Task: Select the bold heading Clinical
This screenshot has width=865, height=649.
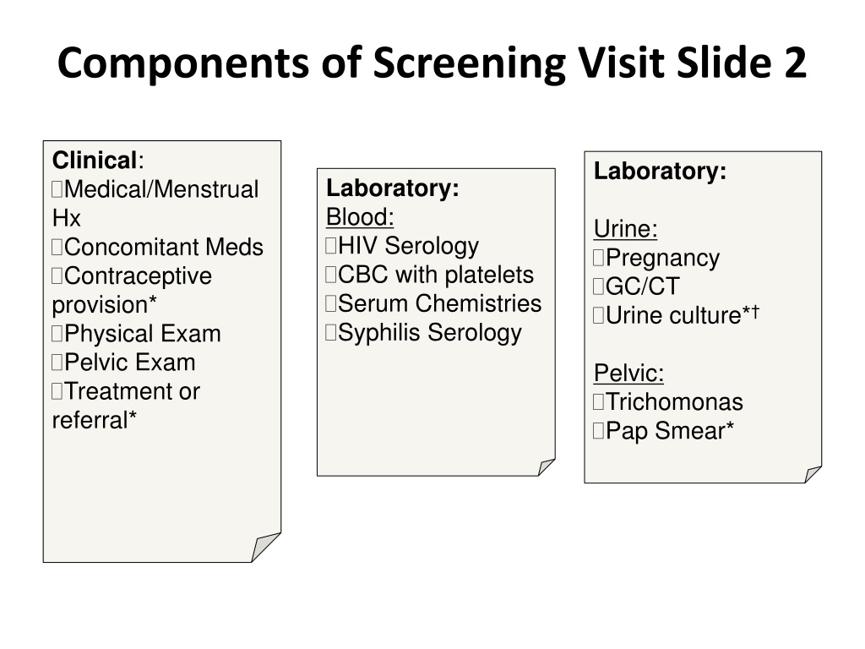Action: coord(95,161)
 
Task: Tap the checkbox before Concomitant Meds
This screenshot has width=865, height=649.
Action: coord(57,247)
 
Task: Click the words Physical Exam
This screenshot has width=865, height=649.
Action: coord(142,333)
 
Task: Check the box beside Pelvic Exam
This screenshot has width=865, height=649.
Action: coord(57,362)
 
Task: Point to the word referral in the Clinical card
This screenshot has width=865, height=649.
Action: coord(90,420)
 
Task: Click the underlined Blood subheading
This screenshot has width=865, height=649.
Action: coord(360,217)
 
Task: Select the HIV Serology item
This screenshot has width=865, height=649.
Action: coord(408,246)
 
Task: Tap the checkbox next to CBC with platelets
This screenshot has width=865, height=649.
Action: coord(330,275)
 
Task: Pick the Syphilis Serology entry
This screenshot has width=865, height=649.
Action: coord(430,333)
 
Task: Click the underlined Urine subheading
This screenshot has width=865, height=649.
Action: coord(626,228)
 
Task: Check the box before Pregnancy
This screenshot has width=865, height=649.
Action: coord(599,258)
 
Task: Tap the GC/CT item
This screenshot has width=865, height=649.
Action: coord(642,286)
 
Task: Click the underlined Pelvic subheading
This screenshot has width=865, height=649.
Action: coord(628,373)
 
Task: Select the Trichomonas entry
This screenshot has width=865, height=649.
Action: coord(674,401)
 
